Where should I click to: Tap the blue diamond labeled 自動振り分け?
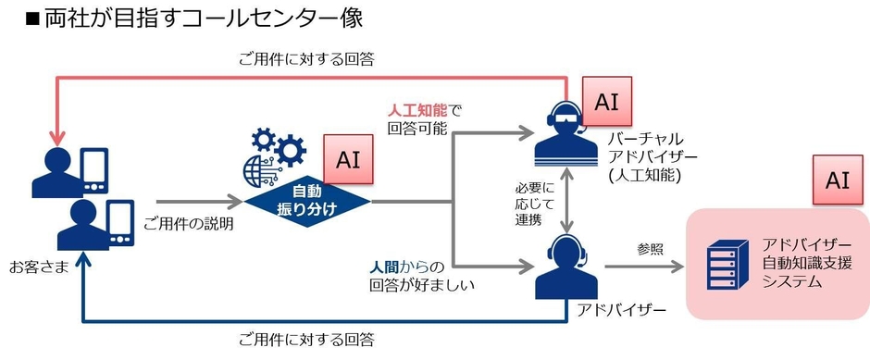306,199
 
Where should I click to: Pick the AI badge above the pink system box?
837,179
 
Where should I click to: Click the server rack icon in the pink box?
726,265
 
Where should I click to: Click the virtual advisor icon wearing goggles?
565,131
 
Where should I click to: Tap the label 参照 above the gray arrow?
650,248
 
